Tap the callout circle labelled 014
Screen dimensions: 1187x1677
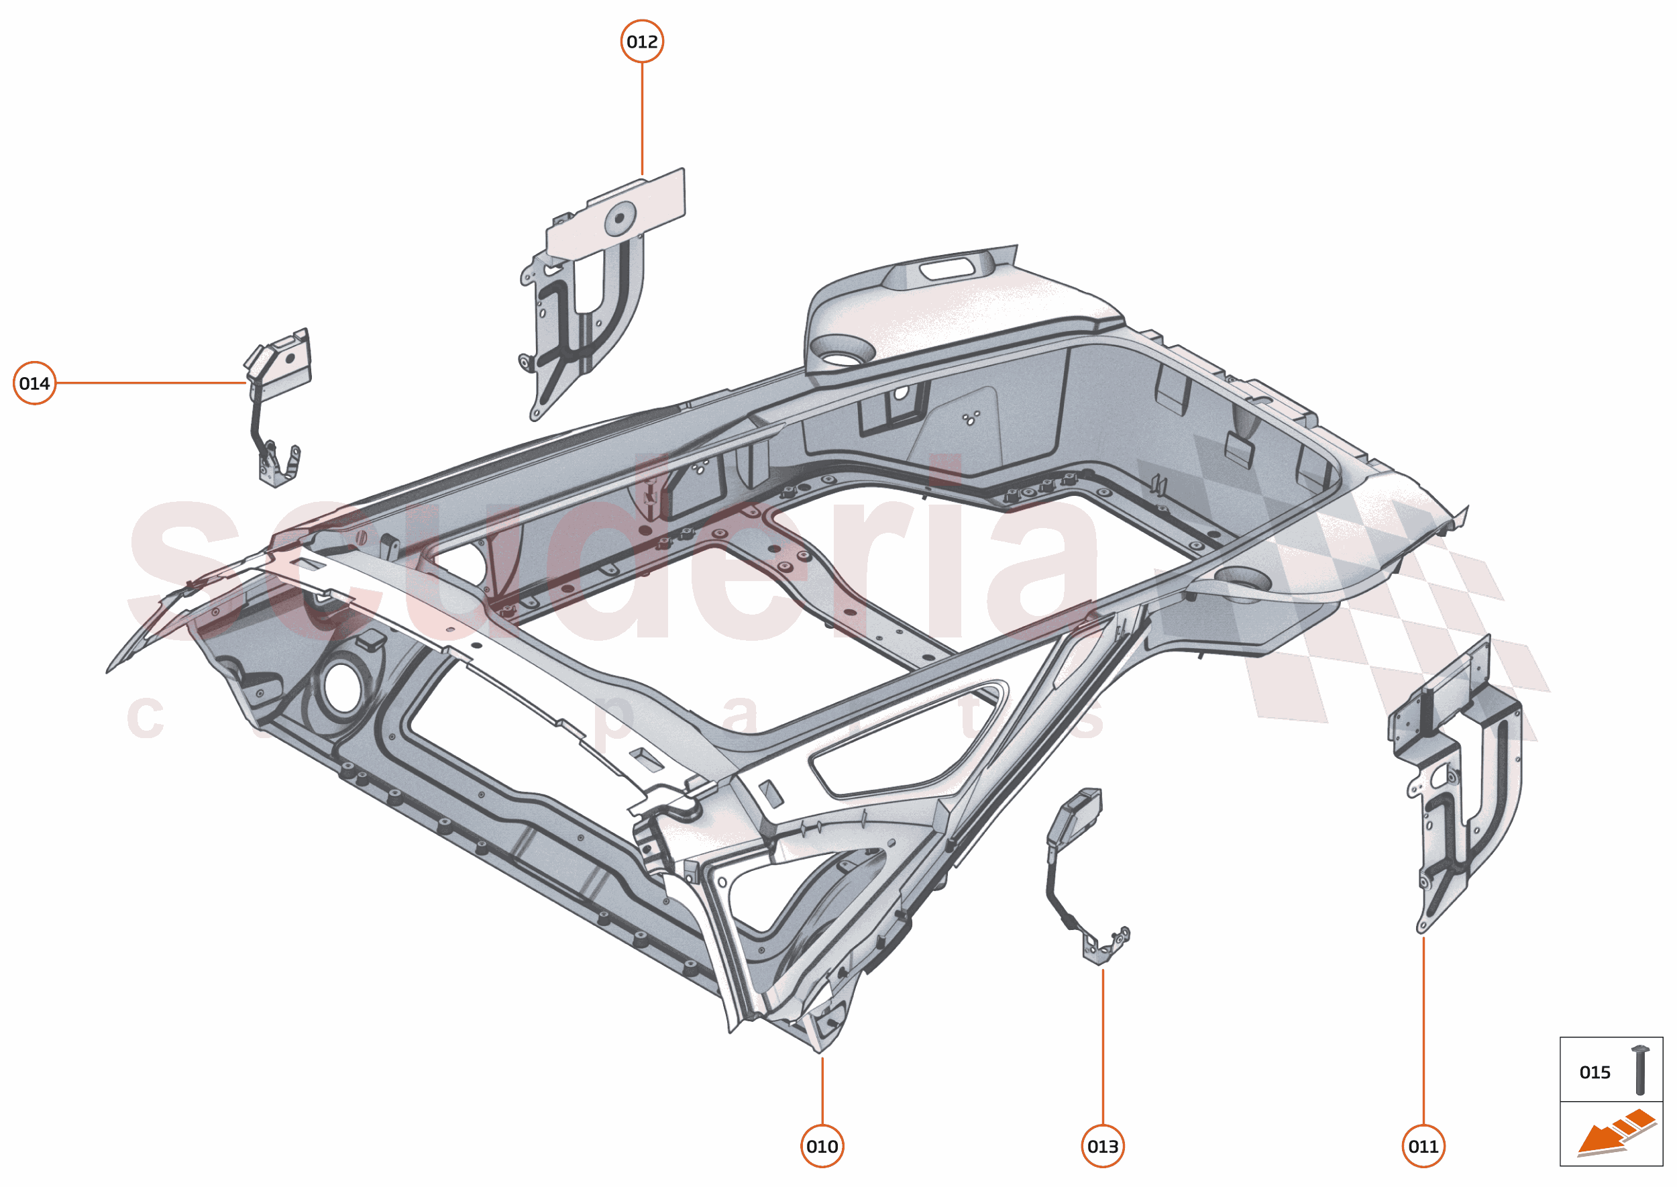(34, 383)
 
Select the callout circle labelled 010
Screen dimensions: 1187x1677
(822, 1146)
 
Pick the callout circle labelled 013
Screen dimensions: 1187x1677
(1103, 1146)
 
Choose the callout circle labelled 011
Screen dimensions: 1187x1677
(1423, 1146)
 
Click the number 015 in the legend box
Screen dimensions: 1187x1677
(1594, 1072)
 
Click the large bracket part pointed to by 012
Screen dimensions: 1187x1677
(584, 307)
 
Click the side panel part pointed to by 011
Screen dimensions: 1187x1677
(1462, 789)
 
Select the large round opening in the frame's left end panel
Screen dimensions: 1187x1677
(342, 686)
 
